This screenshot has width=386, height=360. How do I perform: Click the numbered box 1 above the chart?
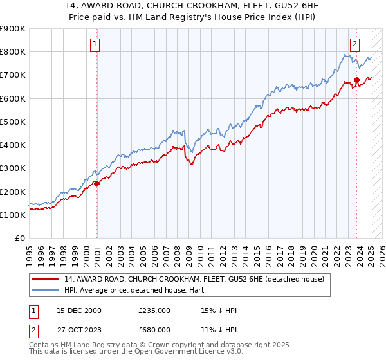click(x=95, y=44)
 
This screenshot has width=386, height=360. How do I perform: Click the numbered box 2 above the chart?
click(x=354, y=44)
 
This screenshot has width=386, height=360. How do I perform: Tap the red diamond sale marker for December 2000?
click(x=97, y=183)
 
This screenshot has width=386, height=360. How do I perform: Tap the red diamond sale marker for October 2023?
click(x=356, y=80)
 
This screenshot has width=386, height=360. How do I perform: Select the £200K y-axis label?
click(x=14, y=192)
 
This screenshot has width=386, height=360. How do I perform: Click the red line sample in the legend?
click(x=46, y=278)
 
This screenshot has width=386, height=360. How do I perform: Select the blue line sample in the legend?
click(x=46, y=290)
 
